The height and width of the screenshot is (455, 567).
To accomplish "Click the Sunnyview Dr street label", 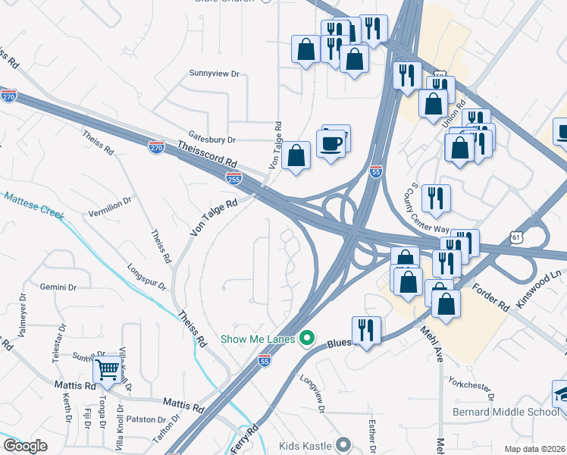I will (214, 74).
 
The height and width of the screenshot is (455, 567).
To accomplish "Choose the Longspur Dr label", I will (146, 277).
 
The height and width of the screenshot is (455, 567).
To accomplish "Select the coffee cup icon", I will (330, 143).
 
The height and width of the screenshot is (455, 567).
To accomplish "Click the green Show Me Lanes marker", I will (307, 338).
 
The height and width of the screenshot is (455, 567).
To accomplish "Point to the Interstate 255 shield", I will (233, 178).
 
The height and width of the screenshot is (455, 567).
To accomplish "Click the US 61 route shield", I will (516, 237).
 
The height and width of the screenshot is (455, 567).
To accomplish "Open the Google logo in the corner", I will (26, 446).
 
